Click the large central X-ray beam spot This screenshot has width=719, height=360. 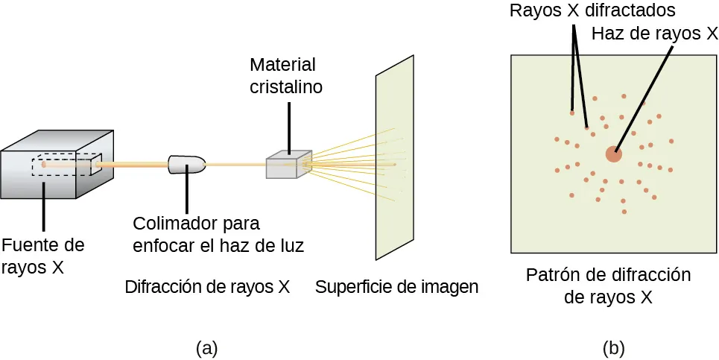coord(613,154)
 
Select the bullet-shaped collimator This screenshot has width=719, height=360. coord(186,164)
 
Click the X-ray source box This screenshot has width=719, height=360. coord(57,165)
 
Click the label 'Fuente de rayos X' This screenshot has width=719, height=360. coord(43,256)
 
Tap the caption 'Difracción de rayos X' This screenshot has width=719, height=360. coord(207,287)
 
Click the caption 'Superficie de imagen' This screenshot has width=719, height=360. coord(396,287)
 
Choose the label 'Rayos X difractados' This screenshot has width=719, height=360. coord(592,11)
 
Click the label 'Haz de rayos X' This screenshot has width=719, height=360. coord(654,34)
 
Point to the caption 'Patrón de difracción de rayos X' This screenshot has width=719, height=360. coord(609,286)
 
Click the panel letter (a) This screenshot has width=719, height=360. coord(206,347)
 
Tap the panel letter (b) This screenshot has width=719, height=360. coord(613,347)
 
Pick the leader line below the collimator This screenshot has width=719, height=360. coord(186,193)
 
